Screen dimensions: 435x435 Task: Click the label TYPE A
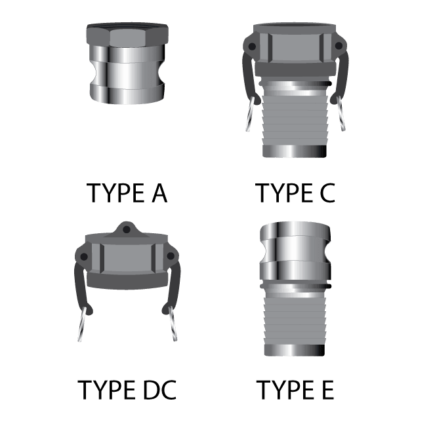(x=127, y=194)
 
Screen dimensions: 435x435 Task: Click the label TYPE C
(x=295, y=194)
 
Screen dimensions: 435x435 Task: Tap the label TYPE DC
(x=127, y=390)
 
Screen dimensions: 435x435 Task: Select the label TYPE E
(x=295, y=390)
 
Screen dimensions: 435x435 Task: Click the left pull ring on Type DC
(x=82, y=326)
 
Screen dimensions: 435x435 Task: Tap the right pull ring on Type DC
(x=171, y=326)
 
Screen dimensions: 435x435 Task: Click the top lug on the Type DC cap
(x=127, y=229)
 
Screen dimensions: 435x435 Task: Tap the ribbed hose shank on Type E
(x=295, y=321)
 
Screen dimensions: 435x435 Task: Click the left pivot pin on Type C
(x=251, y=45)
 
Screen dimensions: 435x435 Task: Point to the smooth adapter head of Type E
(x=295, y=249)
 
